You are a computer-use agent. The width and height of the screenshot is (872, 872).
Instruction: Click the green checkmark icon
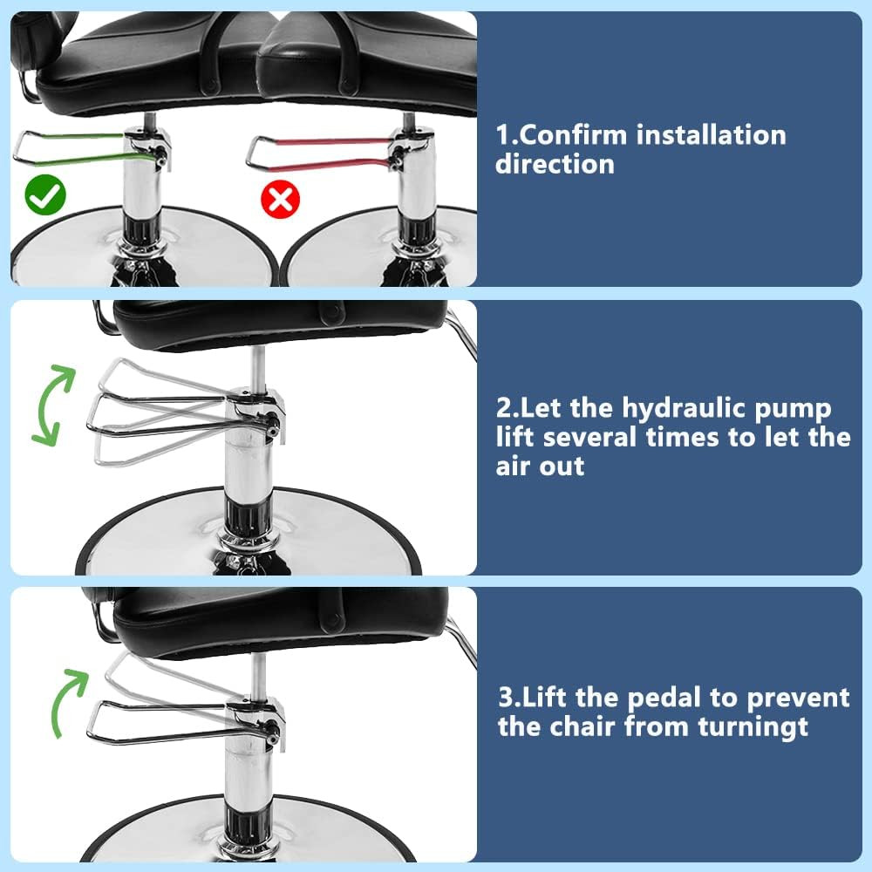[45, 197]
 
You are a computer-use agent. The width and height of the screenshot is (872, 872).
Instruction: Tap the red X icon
[281, 201]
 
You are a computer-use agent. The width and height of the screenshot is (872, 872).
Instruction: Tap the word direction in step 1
[555, 164]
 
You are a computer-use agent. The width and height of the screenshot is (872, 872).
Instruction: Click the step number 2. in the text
[507, 408]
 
